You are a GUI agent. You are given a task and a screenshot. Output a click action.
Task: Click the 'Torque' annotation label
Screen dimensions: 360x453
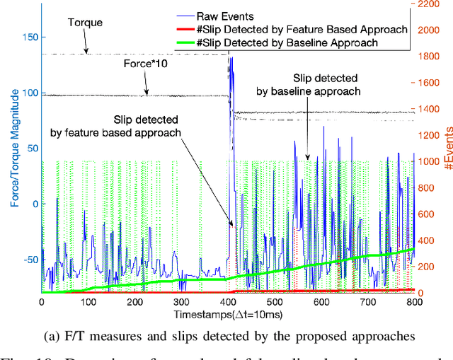tap(84, 23)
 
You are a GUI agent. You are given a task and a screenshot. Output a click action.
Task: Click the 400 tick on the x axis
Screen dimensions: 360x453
tap(228, 302)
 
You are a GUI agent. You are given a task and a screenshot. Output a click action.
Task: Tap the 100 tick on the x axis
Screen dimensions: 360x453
tap(88, 302)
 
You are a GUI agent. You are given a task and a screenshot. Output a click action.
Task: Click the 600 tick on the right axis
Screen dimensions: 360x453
tap(431, 214)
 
